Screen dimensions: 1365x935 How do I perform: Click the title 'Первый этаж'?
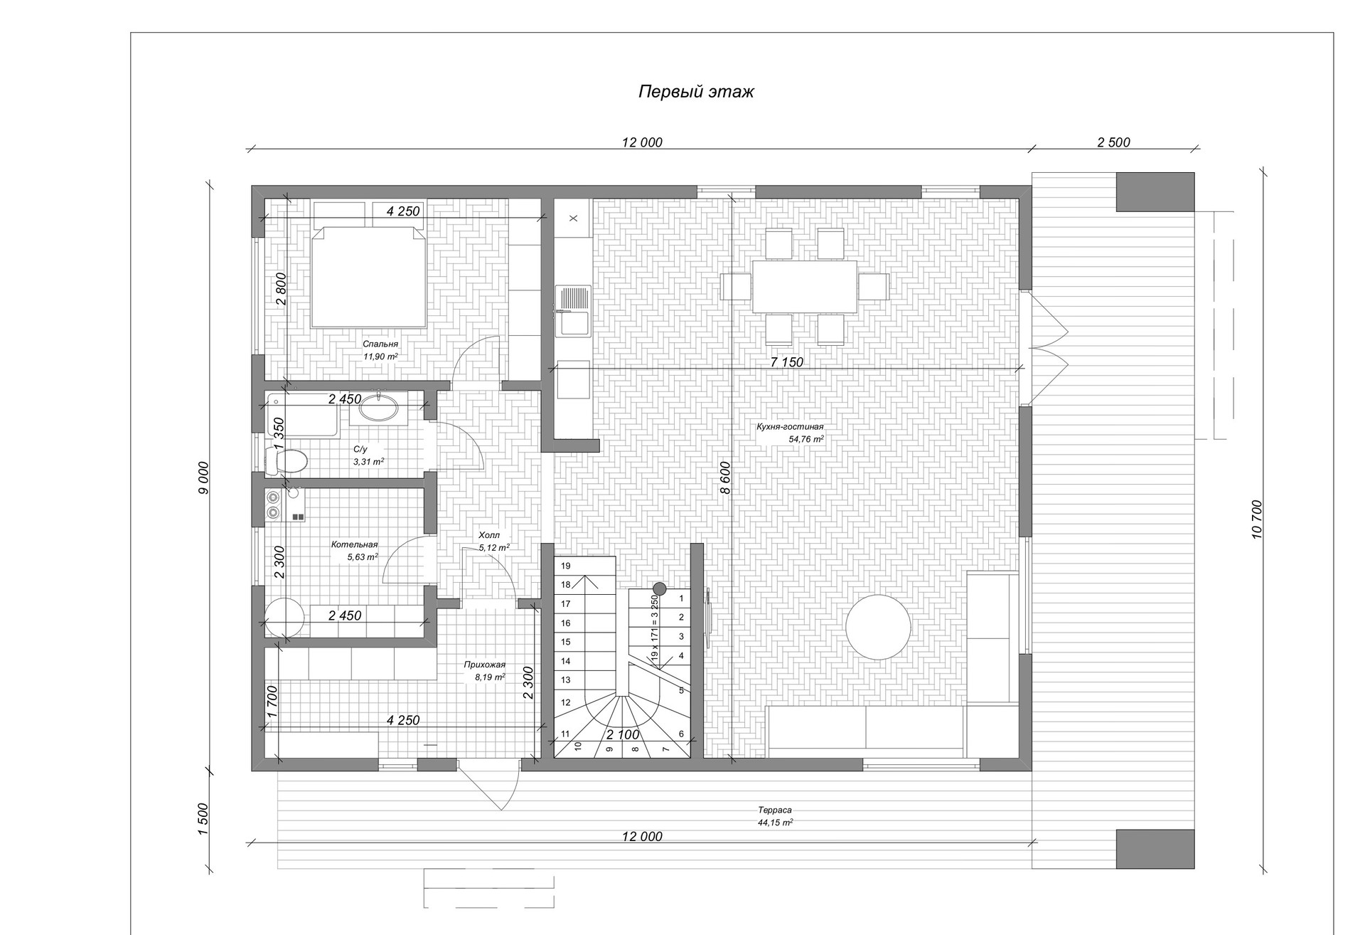pos(695,92)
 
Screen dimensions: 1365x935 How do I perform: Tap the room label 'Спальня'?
pos(380,344)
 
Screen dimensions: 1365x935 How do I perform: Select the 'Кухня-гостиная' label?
pos(790,427)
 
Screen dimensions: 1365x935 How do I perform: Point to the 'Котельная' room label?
pos(354,544)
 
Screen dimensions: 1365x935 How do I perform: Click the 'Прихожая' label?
pos(484,665)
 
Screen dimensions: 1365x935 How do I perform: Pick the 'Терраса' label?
pos(774,810)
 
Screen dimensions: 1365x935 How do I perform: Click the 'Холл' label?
pos(489,535)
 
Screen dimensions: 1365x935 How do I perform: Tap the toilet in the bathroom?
pos(287,460)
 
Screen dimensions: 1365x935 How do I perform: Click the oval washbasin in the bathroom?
pos(381,408)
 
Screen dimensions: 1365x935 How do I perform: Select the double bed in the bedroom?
pos(368,278)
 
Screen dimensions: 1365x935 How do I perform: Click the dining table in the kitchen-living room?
pos(804,287)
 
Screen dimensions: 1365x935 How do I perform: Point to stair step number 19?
pos(566,566)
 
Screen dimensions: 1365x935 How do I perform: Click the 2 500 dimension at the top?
pos(1113,142)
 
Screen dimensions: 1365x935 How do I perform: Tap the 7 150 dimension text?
pos(787,362)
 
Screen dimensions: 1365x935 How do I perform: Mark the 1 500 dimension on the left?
pos(203,819)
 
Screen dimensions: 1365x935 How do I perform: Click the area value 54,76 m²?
pos(806,440)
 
